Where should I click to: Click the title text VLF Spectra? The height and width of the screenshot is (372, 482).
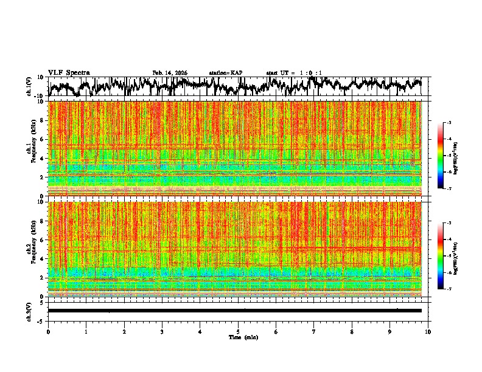tap(69, 72)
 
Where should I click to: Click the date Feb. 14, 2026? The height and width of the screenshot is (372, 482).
tap(170, 73)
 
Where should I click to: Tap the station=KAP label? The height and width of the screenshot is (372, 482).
tap(226, 73)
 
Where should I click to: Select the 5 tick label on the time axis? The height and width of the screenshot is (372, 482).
tap(238, 331)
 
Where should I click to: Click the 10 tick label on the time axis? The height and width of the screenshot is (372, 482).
tap(428, 331)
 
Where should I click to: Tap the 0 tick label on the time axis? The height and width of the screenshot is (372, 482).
tap(48, 331)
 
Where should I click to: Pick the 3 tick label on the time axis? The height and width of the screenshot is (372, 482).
tap(162, 331)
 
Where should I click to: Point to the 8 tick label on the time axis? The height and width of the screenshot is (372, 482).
tap(352, 331)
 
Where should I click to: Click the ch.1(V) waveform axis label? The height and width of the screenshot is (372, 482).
tap(29, 86)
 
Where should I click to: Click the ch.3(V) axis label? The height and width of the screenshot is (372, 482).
tap(29, 311)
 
